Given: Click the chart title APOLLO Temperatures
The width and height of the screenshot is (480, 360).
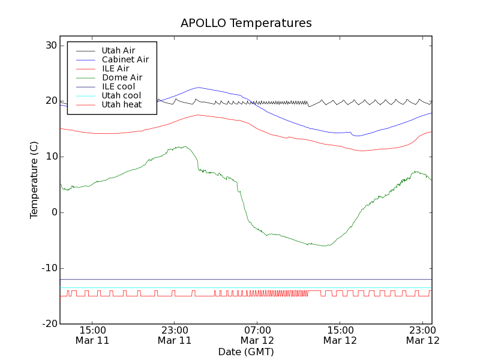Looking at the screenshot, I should point(246,23).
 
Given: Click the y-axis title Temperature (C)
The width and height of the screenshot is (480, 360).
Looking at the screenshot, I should point(34,180).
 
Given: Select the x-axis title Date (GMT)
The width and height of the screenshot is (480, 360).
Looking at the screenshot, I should point(246,352).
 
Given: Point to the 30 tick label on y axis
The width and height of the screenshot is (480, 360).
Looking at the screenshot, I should point(50,46).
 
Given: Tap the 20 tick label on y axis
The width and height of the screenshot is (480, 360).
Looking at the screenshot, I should point(50,101).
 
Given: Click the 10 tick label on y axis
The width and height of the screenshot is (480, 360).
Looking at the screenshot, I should point(50,157).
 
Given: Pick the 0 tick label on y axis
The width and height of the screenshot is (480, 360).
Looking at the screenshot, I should point(53,212).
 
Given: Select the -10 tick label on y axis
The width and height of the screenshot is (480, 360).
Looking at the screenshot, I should point(49,268).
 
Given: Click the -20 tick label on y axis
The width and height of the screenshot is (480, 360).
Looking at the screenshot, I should point(49,324).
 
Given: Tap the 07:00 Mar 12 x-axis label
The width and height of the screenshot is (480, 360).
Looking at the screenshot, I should point(257,335).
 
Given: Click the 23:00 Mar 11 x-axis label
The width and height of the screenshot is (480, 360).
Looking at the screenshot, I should point(175,335).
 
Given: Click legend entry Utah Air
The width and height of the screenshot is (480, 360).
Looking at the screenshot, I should point(118,50).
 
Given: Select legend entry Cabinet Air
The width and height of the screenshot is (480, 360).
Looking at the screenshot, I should point(125,59).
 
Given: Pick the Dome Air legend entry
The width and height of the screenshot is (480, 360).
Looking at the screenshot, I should point(122,77).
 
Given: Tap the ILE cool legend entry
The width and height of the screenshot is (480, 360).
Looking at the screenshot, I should point(118,86).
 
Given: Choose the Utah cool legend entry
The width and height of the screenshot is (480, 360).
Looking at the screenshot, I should point(121,95).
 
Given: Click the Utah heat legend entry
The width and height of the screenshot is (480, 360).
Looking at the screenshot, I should point(121,104).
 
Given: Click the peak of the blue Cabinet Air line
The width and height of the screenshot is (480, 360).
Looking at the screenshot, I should point(199,88).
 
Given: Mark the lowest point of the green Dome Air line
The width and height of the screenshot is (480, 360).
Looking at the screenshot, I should point(325,246).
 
